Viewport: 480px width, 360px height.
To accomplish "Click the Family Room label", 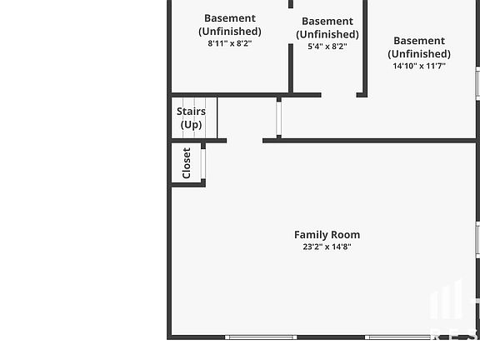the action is [327, 235].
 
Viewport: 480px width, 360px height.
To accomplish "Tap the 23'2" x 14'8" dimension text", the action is [327, 247].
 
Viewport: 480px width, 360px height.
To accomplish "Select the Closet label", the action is [187, 163].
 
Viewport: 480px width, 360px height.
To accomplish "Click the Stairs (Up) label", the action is [191, 117].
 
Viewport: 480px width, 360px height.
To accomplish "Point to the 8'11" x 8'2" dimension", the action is [230, 43].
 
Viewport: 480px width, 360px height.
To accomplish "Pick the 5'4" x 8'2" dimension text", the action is [327, 47].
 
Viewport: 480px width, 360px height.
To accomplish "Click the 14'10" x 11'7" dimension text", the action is [419, 66].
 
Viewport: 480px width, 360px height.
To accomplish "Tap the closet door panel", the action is [202, 164].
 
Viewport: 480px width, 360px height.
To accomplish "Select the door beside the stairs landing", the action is [278, 118].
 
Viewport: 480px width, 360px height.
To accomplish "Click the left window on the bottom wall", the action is [261, 337].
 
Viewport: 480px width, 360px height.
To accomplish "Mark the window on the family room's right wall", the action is [477, 240].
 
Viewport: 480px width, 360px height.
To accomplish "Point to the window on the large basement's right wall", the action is [477, 83].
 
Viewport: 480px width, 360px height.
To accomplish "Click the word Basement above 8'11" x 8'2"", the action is [230, 18].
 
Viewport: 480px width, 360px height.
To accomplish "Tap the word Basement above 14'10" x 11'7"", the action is [419, 41].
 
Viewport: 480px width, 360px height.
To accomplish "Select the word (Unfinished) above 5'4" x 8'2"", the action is [327, 34].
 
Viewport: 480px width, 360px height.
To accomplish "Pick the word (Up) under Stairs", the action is [191, 125].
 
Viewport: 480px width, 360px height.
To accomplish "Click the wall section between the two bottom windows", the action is [331, 337].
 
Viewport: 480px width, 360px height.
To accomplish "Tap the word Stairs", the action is [191, 112].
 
